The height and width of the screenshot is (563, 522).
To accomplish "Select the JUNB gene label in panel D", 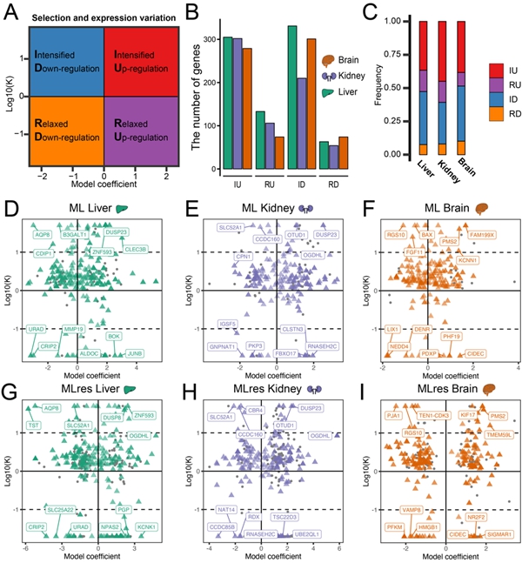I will [x=135, y=353].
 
